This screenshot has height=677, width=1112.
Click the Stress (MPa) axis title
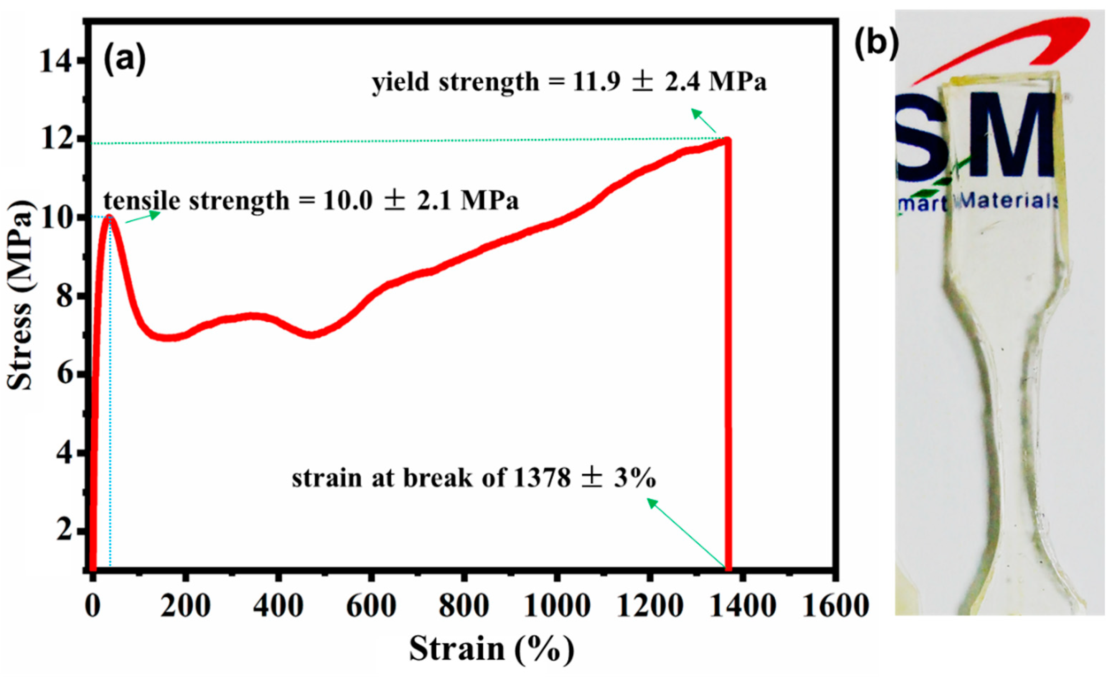20,295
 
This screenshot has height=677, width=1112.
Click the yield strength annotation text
569,83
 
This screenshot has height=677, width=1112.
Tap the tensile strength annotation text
311,201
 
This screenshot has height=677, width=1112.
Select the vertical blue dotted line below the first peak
110,406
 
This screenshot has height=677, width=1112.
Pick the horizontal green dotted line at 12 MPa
406,141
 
